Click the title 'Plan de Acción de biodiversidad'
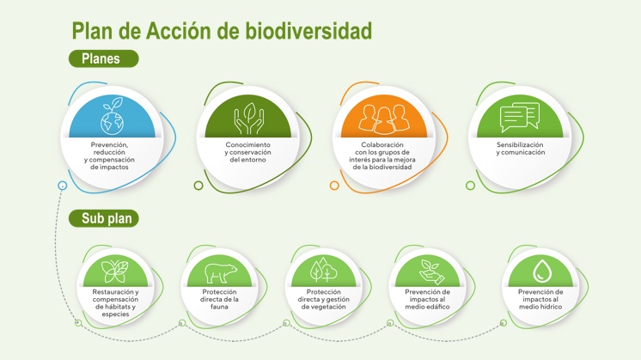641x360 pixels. tap(222, 31)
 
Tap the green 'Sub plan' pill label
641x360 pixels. tap(106, 218)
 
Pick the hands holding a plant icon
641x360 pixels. tap(248, 118)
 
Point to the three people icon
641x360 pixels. tap(384, 118)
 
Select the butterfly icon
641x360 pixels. tap(115, 272)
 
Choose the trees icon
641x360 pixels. tap(323, 272)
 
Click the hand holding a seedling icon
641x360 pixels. tap(427, 272)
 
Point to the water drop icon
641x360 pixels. tap(540, 272)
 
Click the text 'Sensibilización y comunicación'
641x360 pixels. tap(520, 149)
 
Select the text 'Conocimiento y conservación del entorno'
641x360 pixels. tap(248, 152)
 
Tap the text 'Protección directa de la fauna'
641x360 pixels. tap(219, 299)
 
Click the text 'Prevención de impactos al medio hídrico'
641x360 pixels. tap(540, 299)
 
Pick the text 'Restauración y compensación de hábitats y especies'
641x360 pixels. tap(115, 302)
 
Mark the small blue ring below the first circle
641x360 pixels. tap(63, 185)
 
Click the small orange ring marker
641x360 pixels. tap(334, 185)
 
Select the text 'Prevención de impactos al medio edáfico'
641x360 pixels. tap(427, 299)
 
